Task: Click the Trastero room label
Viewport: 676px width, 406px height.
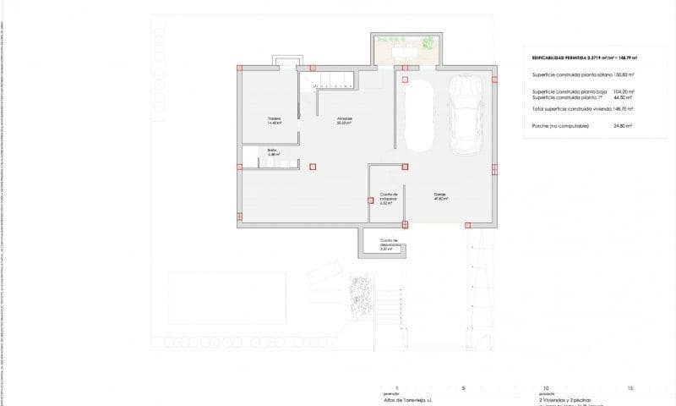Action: (274, 119)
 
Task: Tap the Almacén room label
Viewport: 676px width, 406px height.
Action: (345, 119)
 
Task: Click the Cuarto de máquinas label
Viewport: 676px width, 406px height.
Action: (389, 198)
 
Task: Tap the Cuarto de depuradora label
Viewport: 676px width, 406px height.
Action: (389, 246)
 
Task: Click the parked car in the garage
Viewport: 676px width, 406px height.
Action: (466, 117)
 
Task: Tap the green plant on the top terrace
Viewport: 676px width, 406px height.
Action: (428, 41)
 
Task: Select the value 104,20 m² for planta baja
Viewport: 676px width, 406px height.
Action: (624, 91)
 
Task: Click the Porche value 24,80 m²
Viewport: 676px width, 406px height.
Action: (624, 125)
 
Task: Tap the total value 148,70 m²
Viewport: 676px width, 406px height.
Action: (624, 108)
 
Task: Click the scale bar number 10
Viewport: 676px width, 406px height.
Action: (547, 387)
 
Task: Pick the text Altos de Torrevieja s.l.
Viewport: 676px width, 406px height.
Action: (407, 399)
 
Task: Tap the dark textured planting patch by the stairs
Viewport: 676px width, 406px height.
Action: (360, 297)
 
